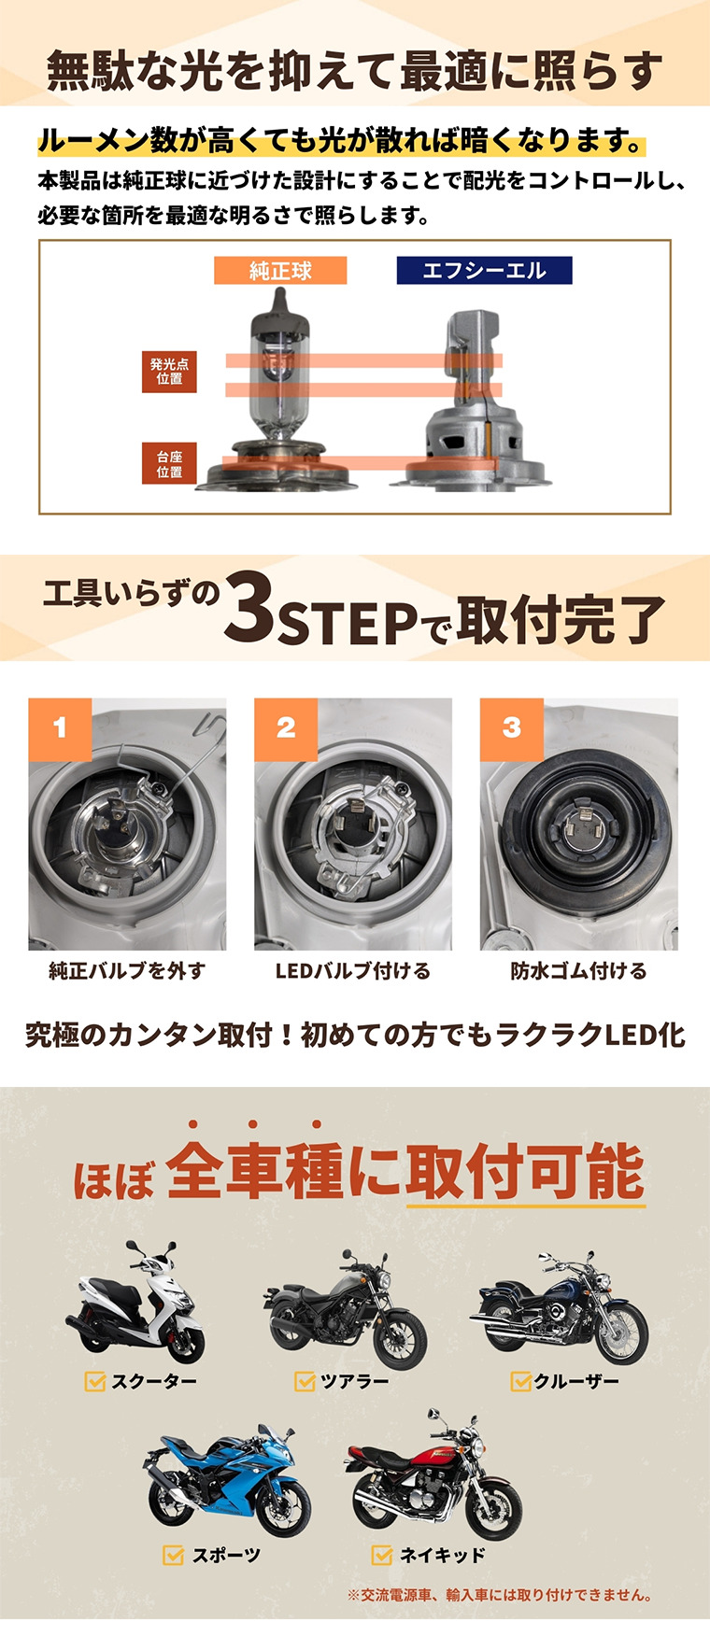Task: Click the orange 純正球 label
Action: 280,271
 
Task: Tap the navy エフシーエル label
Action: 484,271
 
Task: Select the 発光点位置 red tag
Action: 169,371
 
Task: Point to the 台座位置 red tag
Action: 169,463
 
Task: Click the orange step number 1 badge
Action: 60,728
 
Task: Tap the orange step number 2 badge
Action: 286,728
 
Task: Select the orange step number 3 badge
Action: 512,728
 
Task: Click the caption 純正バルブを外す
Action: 127,971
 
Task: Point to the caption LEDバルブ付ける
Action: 353,971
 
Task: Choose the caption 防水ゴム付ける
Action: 578,971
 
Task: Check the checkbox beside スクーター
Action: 94,1381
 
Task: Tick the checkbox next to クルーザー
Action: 520,1381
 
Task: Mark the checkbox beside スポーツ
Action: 173,1555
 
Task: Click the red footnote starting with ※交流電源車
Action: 500,1595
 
